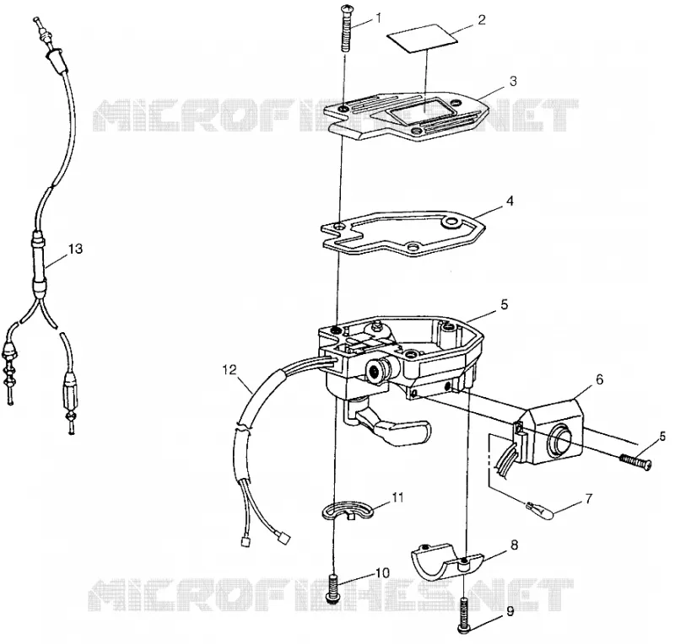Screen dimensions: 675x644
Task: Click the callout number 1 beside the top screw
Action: click(x=378, y=18)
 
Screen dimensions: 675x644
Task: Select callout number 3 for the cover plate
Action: click(x=512, y=81)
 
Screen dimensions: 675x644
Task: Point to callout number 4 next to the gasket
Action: click(x=510, y=201)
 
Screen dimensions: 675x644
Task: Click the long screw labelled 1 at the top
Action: click(x=347, y=28)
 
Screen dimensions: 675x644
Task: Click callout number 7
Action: click(x=588, y=499)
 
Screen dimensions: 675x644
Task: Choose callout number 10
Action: click(x=382, y=573)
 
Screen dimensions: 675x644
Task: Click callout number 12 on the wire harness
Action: click(x=229, y=369)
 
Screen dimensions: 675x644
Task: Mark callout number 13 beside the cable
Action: click(x=75, y=249)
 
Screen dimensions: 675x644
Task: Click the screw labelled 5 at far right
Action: click(x=635, y=462)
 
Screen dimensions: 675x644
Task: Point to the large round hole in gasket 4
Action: click(x=452, y=222)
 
